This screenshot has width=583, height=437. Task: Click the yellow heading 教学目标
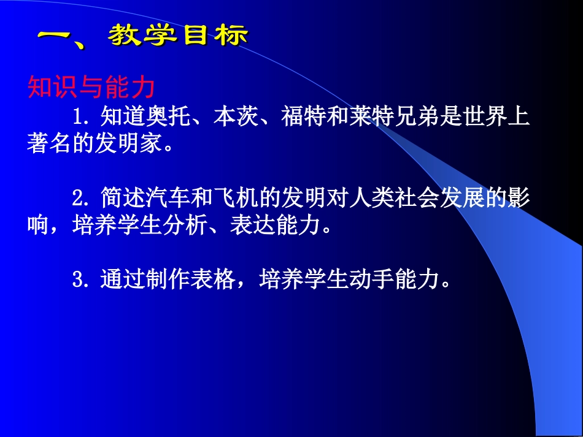tap(178, 36)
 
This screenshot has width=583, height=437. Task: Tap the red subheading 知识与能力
tap(91, 88)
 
